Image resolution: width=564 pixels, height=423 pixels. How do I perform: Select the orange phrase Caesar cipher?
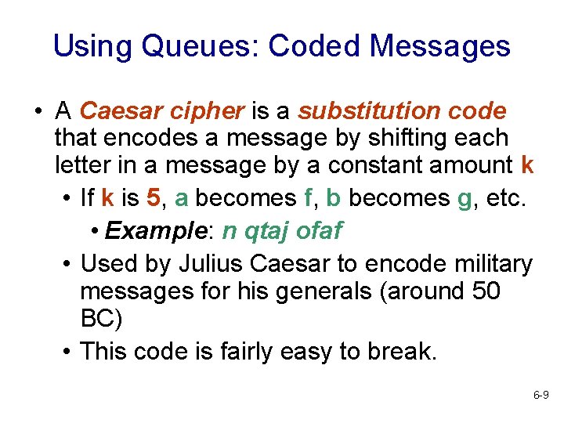click(x=162, y=112)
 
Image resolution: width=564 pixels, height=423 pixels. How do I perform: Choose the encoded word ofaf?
click(x=320, y=231)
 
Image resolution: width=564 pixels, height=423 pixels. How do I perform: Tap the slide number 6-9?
click(x=540, y=396)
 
